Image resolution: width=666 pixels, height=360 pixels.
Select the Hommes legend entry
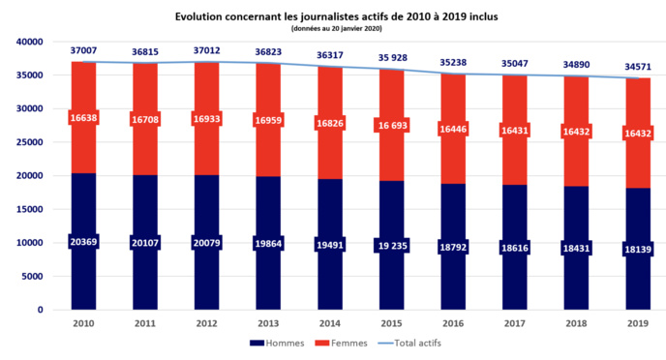click(x=277, y=344)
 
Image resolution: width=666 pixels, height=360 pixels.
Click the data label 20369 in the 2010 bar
click(x=82, y=241)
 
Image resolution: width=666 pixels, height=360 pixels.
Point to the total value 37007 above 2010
click(x=82, y=50)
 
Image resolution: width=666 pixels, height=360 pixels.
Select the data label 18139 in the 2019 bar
click(x=638, y=249)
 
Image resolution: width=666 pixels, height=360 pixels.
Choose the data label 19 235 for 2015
click(x=391, y=246)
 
